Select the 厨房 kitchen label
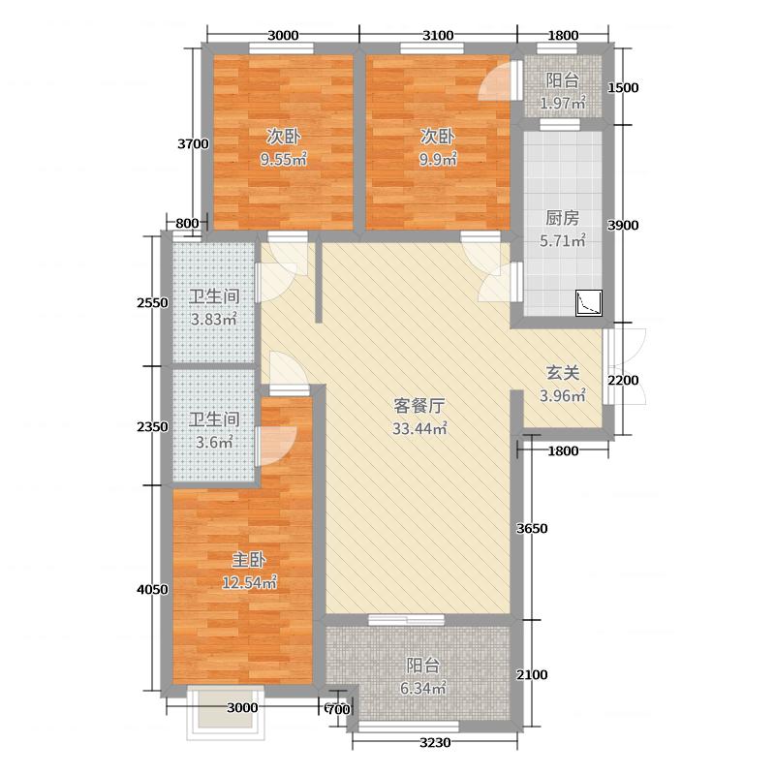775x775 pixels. (562, 218)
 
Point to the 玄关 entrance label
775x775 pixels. (562, 373)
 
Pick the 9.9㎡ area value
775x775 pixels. (438, 159)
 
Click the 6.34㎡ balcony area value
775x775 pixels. (423, 689)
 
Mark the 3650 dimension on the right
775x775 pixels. (533, 529)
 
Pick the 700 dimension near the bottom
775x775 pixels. (337, 710)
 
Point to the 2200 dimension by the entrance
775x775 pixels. (624, 381)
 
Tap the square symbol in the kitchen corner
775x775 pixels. (589, 304)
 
